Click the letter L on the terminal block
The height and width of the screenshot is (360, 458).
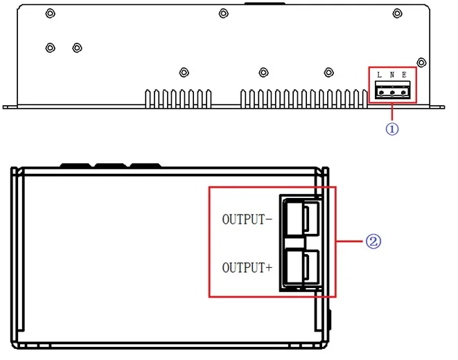[379, 75]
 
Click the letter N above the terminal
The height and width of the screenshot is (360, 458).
[392, 75]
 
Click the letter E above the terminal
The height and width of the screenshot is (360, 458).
[404, 75]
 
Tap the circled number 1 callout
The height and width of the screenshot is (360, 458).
[392, 129]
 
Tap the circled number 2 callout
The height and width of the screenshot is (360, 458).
[373, 242]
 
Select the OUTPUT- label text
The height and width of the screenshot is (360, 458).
[247, 219]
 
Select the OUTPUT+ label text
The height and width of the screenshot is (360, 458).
[247, 267]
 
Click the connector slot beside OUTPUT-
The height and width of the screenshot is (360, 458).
[302, 217]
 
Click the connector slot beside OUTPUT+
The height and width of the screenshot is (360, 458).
[302, 267]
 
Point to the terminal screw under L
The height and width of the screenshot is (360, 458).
[381, 93]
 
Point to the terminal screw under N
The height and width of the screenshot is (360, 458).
[392, 93]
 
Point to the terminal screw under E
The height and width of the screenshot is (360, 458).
[404, 93]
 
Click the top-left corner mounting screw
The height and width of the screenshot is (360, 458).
[51, 13]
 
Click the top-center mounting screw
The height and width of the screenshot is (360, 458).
[223, 13]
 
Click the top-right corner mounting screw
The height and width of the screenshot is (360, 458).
[397, 13]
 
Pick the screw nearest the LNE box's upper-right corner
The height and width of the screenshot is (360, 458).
[421, 62]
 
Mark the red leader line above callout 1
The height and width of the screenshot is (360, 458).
[392, 111]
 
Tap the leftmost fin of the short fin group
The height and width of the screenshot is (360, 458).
[148, 99]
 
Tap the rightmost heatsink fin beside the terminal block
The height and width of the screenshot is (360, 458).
[364, 99]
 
